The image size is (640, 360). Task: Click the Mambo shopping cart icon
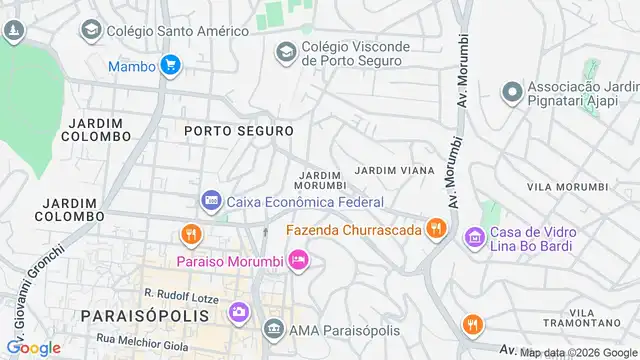click(x=171, y=67)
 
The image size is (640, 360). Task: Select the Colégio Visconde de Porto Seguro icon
click(x=286, y=49)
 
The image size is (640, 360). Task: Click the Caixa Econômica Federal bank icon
click(x=211, y=201)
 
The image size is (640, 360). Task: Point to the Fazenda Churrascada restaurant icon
click(x=434, y=229)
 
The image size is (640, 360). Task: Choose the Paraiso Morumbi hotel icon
click(x=297, y=261)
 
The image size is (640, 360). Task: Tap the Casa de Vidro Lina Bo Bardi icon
click(x=474, y=237)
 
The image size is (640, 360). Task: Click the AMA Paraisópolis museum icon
click(x=274, y=329)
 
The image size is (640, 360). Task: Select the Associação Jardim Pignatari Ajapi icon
click(x=512, y=93)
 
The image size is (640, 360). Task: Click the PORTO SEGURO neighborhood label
click(x=238, y=131)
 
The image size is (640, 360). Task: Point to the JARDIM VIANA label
click(x=394, y=171)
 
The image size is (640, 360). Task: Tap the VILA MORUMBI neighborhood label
click(x=567, y=187)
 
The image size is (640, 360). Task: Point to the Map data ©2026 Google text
click(x=579, y=352)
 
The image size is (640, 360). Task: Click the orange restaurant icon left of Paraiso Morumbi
click(x=190, y=235)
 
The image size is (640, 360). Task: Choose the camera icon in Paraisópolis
click(x=240, y=311)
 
